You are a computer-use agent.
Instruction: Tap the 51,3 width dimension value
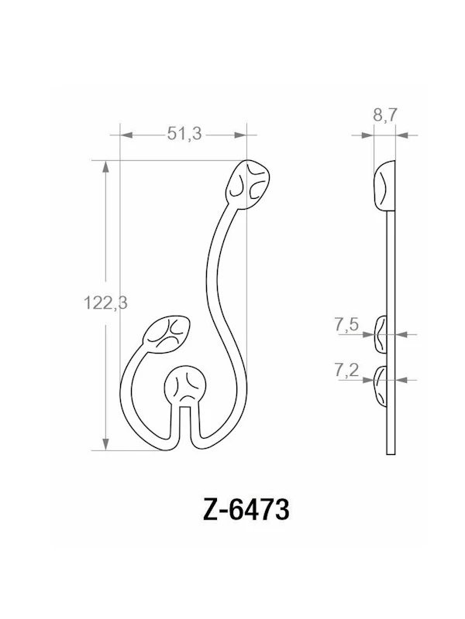coord(184,134)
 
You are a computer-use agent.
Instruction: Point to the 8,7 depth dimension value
coord(385,115)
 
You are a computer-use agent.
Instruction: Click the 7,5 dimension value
coord(346,326)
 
